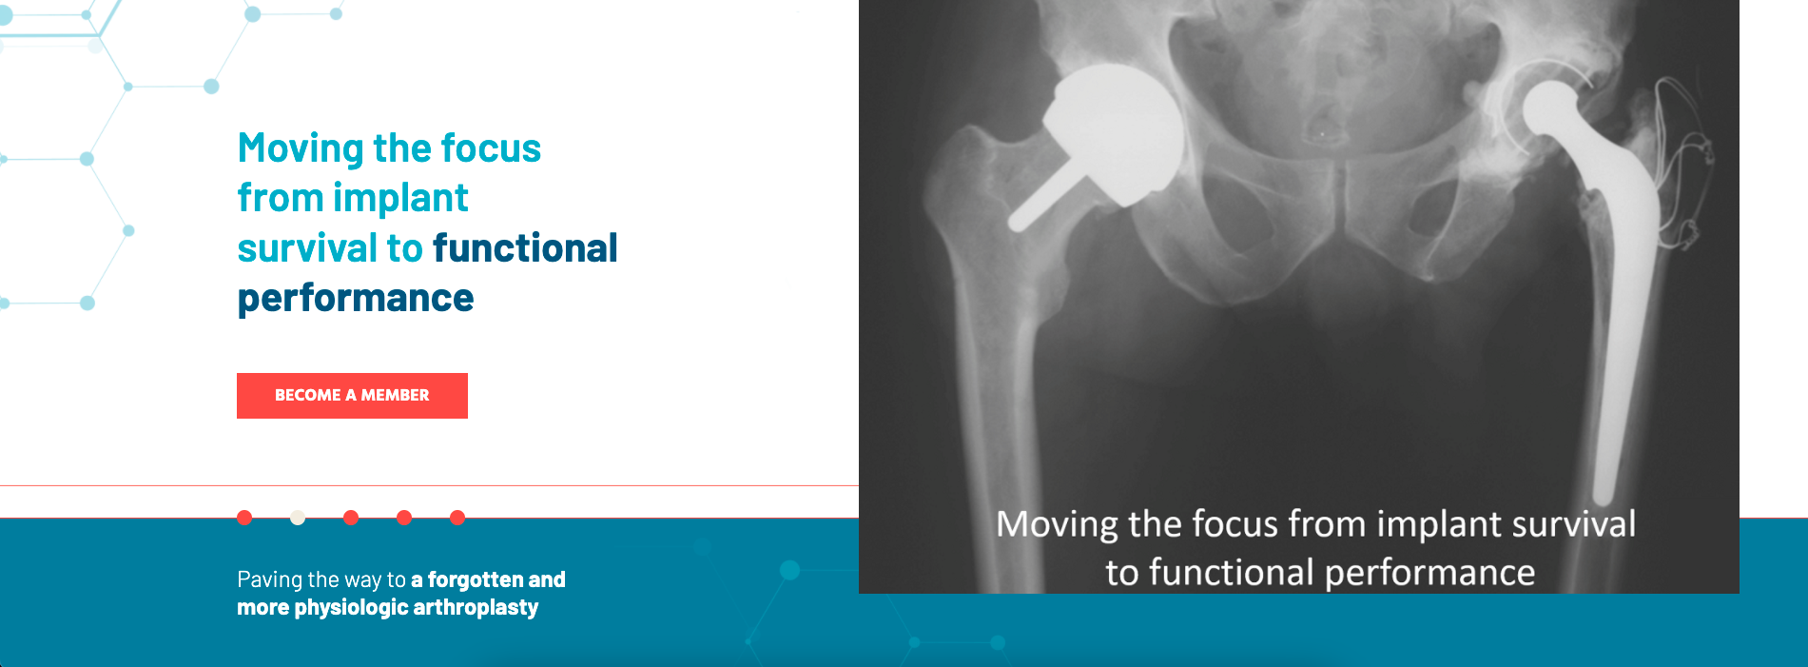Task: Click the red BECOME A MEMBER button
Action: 352,395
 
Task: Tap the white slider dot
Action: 298,518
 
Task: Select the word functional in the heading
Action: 525,248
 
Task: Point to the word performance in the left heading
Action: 356,299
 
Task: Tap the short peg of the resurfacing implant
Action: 1042,198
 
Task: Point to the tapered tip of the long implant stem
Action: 1604,495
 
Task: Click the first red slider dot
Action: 244,518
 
